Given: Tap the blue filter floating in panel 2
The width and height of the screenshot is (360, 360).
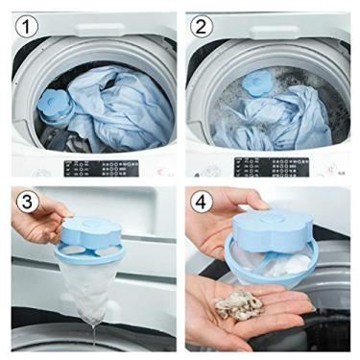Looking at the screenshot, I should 260,83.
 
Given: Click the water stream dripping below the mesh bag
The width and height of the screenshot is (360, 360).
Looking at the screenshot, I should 96,336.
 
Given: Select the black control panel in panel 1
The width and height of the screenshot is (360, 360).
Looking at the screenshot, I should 100,168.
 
